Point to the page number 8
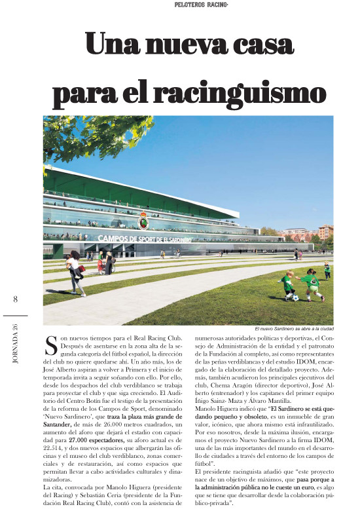click(15, 300)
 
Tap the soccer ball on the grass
click(296, 298)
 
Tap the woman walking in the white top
click(75, 268)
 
